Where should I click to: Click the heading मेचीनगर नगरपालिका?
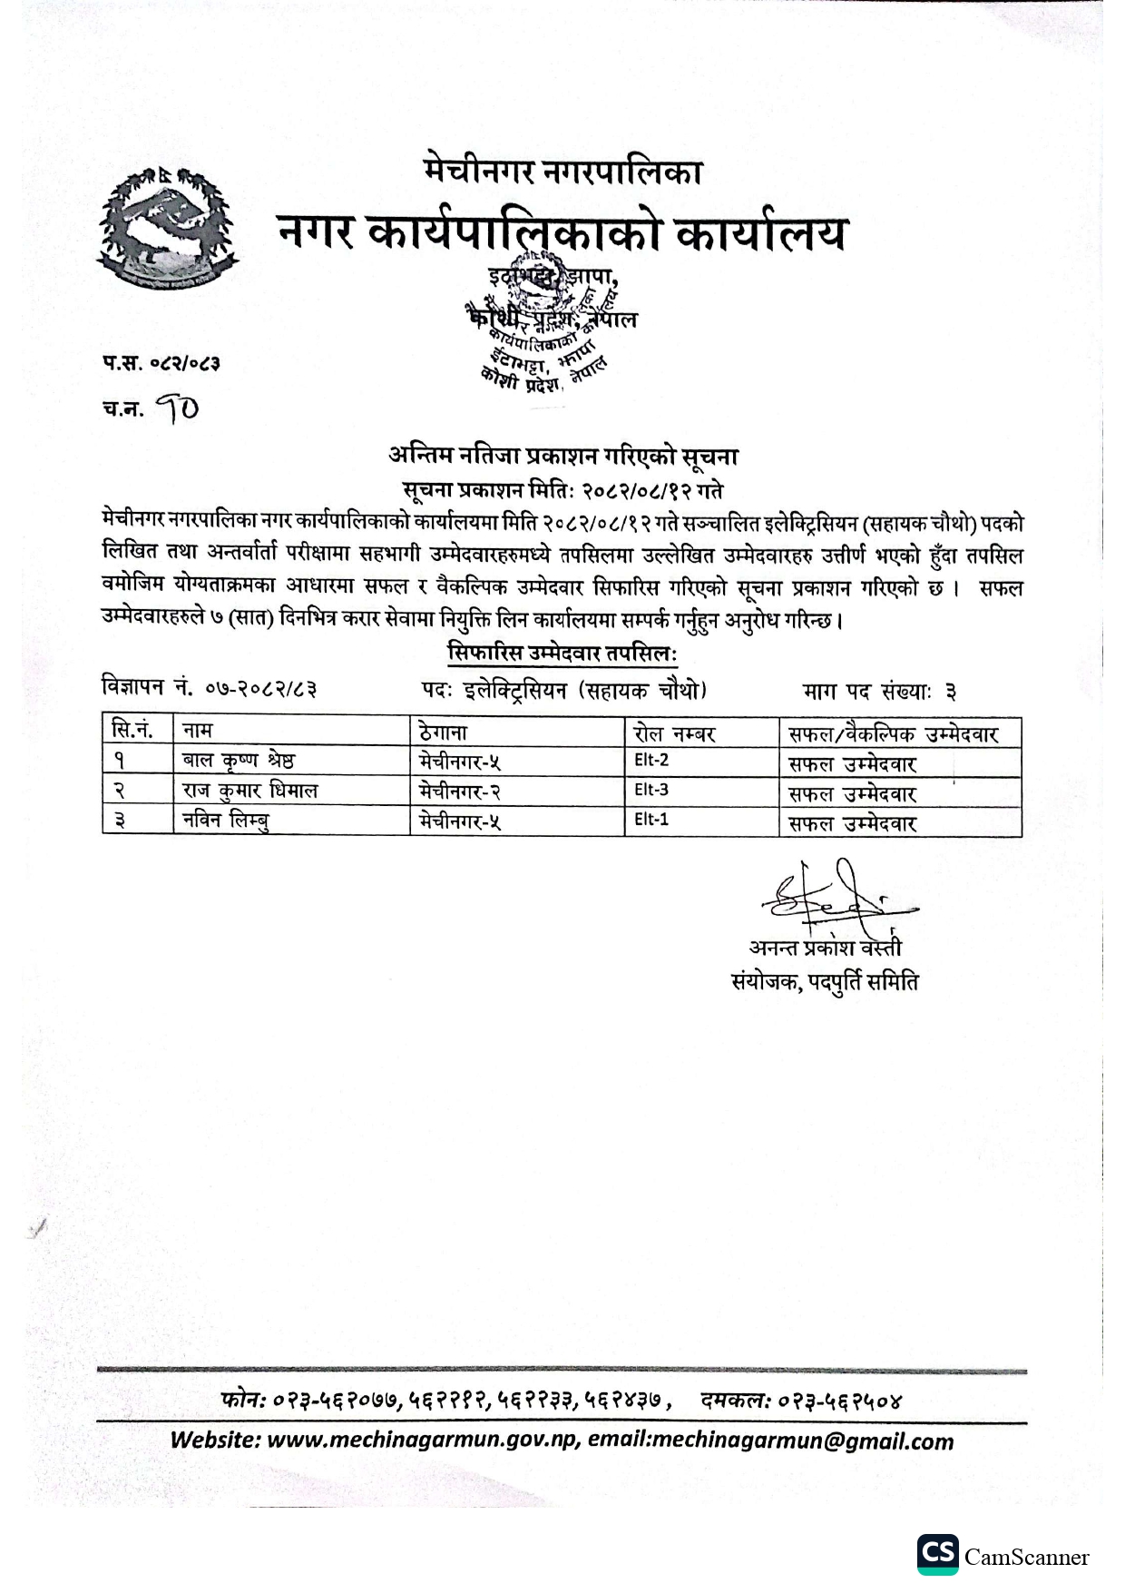tap(562, 171)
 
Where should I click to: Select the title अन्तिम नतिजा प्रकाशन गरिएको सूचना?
tap(562, 456)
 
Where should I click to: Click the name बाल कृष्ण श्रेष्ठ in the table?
tap(238, 761)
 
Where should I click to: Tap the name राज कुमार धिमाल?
tap(249, 791)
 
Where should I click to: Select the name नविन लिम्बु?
tap(226, 821)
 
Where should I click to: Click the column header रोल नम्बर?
tap(675, 733)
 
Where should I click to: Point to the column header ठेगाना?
tap(444, 732)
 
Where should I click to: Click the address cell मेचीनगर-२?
tap(461, 792)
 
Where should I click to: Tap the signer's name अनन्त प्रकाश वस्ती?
tap(826, 949)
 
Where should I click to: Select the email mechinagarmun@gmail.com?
tap(802, 1441)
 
